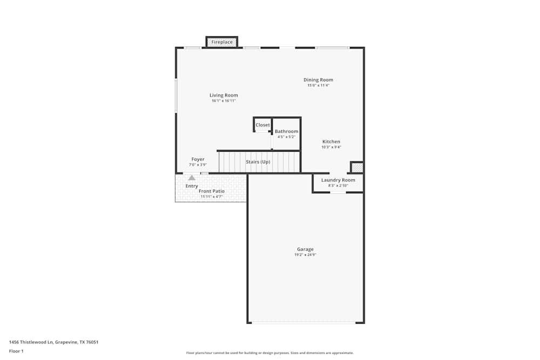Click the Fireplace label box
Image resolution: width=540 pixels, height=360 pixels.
click(222, 42)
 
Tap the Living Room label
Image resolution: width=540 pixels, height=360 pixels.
click(224, 96)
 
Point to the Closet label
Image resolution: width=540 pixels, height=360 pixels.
click(262, 125)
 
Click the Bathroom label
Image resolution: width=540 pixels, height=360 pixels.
click(286, 131)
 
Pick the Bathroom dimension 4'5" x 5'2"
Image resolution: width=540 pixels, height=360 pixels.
click(286, 137)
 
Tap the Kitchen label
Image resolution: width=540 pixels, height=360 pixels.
click(332, 141)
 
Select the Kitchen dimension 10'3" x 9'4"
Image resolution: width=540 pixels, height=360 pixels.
click(332, 147)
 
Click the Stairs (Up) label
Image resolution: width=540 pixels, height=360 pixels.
click(258, 162)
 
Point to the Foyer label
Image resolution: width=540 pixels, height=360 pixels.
click(198, 159)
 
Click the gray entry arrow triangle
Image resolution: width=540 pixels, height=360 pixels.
click(192, 177)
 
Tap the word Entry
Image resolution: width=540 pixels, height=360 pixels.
click(192, 186)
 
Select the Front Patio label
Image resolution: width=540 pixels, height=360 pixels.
click(212, 191)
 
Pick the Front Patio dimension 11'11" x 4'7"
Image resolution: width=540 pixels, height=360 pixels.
click(212, 196)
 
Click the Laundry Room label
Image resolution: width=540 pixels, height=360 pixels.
click(338, 180)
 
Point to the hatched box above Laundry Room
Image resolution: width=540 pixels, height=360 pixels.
click(357, 167)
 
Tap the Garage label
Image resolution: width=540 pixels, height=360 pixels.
click(305, 249)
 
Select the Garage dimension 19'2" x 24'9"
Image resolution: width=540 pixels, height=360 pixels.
click(305, 255)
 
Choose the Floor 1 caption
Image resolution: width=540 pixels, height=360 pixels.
click(16, 351)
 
